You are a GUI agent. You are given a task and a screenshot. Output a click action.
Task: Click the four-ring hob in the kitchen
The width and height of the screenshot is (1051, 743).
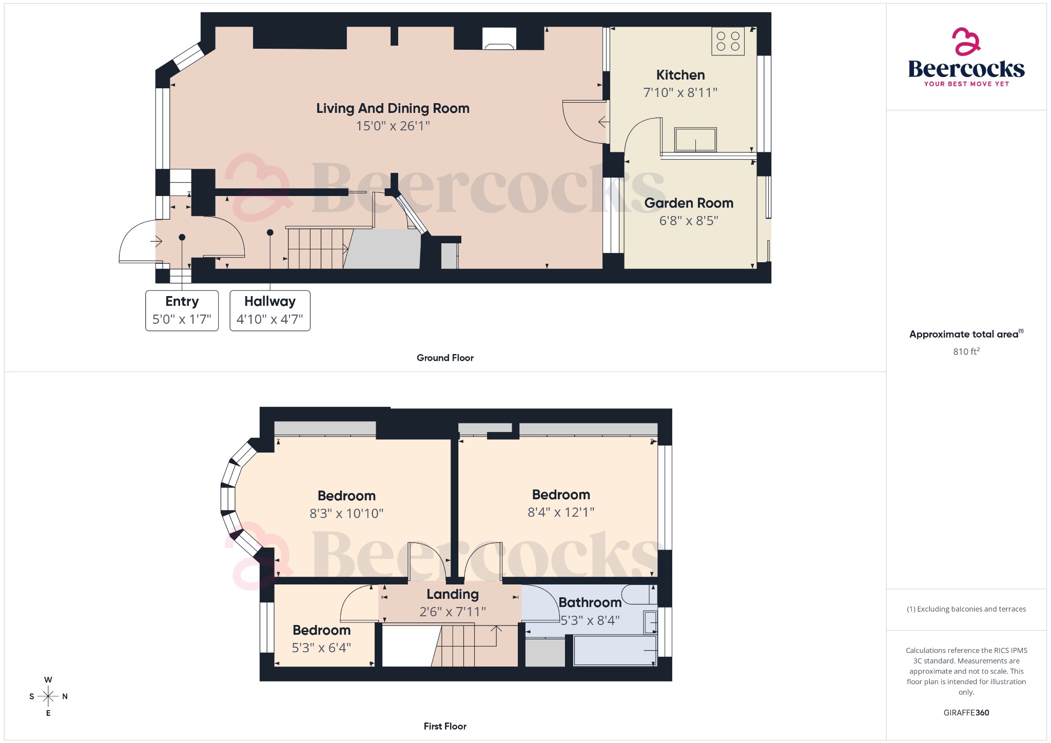click(x=728, y=41)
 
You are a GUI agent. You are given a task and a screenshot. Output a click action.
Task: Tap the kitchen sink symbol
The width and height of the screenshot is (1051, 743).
click(x=695, y=140)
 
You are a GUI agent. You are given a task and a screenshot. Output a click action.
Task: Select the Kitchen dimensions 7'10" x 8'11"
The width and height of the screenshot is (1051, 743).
click(x=680, y=93)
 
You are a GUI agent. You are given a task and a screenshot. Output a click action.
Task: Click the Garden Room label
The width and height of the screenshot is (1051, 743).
click(x=689, y=203)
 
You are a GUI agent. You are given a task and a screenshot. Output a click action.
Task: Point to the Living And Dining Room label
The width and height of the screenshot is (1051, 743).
click(x=393, y=108)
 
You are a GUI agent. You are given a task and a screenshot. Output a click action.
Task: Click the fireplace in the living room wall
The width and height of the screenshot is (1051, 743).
click(x=499, y=39)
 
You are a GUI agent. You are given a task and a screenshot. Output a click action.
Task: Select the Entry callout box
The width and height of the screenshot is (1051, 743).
click(x=182, y=310)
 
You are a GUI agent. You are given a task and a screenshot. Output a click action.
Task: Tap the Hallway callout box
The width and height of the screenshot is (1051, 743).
click(x=269, y=310)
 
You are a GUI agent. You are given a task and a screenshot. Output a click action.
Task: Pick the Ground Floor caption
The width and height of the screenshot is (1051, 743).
click(x=445, y=358)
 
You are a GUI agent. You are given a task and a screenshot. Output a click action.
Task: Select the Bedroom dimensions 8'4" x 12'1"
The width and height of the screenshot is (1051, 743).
click(x=561, y=512)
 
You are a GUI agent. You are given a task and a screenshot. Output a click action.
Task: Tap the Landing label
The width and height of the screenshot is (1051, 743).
click(x=453, y=594)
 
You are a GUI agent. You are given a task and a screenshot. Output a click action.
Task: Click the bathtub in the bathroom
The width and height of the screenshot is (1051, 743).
click(x=615, y=651)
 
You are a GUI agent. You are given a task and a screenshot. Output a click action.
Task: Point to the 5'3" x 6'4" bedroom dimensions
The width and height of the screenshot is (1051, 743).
click(x=321, y=648)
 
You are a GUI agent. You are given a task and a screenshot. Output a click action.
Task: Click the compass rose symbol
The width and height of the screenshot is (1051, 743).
click(x=48, y=696)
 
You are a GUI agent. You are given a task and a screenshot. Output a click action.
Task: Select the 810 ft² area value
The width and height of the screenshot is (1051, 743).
click(x=966, y=351)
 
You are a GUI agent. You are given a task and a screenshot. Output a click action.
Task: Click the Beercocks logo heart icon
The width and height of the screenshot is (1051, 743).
click(x=965, y=42)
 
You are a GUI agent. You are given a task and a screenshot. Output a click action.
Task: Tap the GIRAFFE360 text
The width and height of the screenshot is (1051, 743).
click(x=966, y=713)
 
